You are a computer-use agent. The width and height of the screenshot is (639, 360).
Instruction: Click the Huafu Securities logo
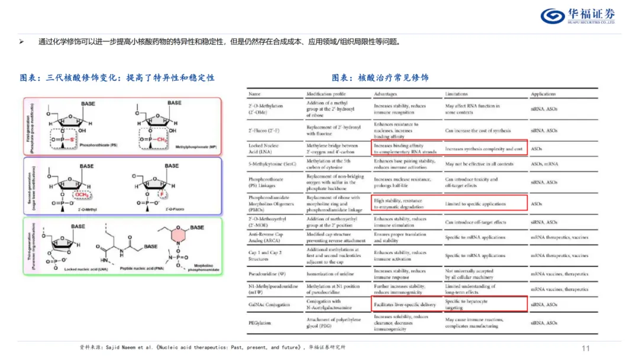click(x=577, y=15)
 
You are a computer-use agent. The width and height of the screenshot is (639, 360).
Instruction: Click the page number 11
click(x=586, y=348)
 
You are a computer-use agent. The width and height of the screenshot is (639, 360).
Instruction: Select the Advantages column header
click(x=386, y=94)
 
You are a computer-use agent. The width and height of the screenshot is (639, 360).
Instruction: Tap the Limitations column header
click(x=456, y=94)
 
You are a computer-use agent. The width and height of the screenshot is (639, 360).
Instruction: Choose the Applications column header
click(x=543, y=94)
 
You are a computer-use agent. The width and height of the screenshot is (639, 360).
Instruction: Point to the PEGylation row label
click(x=261, y=323)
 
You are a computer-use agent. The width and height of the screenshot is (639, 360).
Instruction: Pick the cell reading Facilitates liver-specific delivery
click(x=405, y=305)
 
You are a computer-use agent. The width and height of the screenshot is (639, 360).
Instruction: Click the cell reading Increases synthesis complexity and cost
click(x=483, y=149)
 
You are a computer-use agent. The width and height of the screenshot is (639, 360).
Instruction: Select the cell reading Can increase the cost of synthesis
click(x=479, y=130)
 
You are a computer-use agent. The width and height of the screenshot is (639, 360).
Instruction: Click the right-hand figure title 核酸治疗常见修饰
click(x=380, y=78)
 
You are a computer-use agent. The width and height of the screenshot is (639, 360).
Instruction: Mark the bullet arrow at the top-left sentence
click(x=22, y=41)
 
